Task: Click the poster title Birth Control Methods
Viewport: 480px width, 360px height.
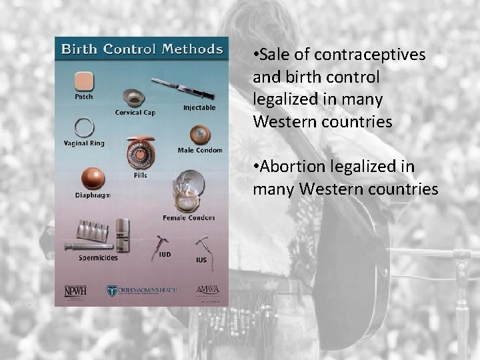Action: (x=142, y=49)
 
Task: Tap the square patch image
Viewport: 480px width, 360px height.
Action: (x=83, y=81)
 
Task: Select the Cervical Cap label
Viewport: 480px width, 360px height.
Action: (x=135, y=113)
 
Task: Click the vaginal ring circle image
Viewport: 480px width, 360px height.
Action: (x=83, y=127)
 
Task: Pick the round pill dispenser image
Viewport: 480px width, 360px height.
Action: (x=140, y=152)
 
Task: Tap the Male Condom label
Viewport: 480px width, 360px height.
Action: (x=200, y=150)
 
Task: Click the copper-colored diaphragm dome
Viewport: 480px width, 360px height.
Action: (x=93, y=179)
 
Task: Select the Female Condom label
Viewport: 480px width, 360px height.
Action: (x=189, y=217)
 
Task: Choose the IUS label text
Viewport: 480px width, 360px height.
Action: (x=201, y=260)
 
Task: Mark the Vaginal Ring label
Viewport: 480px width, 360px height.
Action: (x=84, y=143)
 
